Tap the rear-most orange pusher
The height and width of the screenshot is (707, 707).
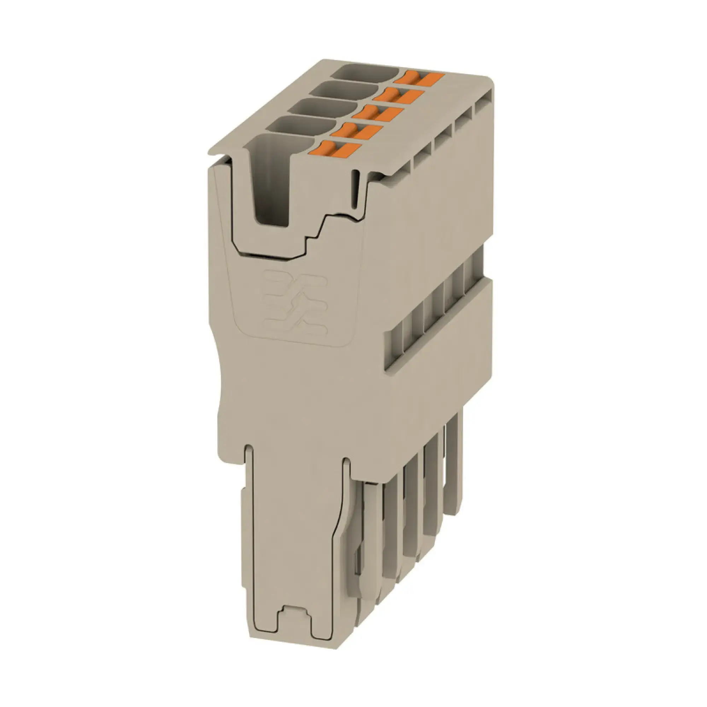pyautogui.click(x=421, y=78)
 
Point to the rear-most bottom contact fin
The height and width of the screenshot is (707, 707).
pyautogui.click(x=454, y=465)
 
